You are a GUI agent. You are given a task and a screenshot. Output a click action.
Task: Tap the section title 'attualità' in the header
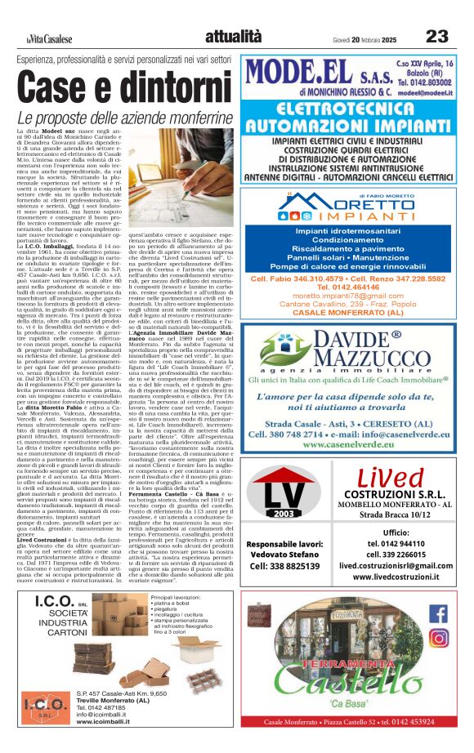(x=234, y=36)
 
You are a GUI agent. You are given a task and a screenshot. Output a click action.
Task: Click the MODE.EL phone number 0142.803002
(x=440, y=82)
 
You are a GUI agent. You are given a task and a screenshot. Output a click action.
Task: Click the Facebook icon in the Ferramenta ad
(x=438, y=613)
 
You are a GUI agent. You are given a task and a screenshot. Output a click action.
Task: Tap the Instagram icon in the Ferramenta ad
(x=438, y=638)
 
